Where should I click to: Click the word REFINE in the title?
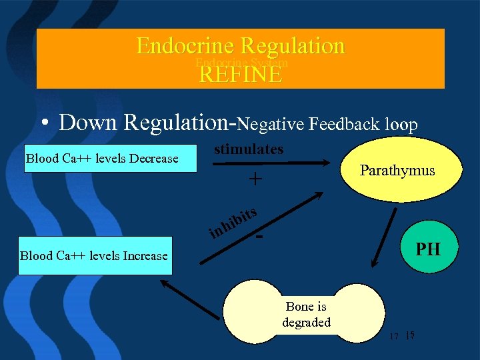click(x=241, y=74)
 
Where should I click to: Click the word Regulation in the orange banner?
click(x=293, y=46)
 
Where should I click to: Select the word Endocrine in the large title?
click(x=185, y=46)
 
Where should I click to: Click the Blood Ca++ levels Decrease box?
click(x=111, y=158)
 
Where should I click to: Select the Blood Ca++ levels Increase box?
click(x=95, y=255)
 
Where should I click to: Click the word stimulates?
click(x=249, y=149)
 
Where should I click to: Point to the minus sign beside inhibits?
click(x=260, y=237)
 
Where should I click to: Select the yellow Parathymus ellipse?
click(x=397, y=170)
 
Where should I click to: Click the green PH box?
click(x=427, y=249)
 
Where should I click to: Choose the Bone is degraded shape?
click(x=306, y=314)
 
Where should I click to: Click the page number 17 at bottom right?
click(x=394, y=337)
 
